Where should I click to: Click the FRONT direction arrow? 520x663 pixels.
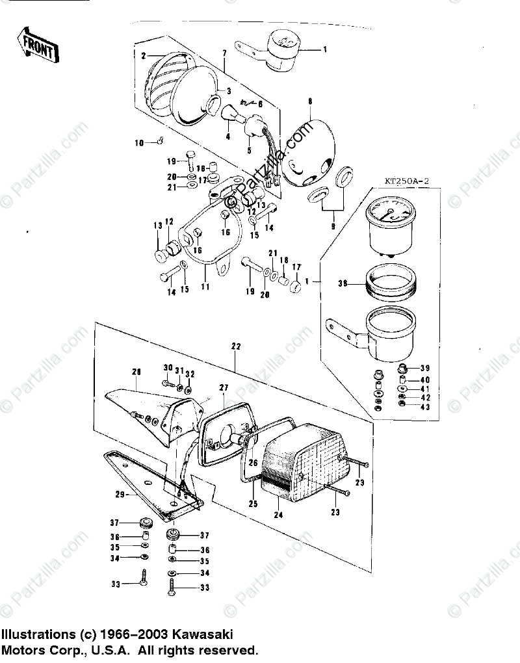38,46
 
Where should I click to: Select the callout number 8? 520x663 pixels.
310,101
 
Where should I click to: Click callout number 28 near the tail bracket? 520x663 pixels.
136,371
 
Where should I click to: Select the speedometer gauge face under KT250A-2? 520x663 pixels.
390,214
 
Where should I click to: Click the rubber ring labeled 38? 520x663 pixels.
388,283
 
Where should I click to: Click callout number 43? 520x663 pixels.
425,407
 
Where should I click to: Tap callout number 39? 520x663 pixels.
425,368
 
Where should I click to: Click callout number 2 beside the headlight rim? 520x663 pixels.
143,56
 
